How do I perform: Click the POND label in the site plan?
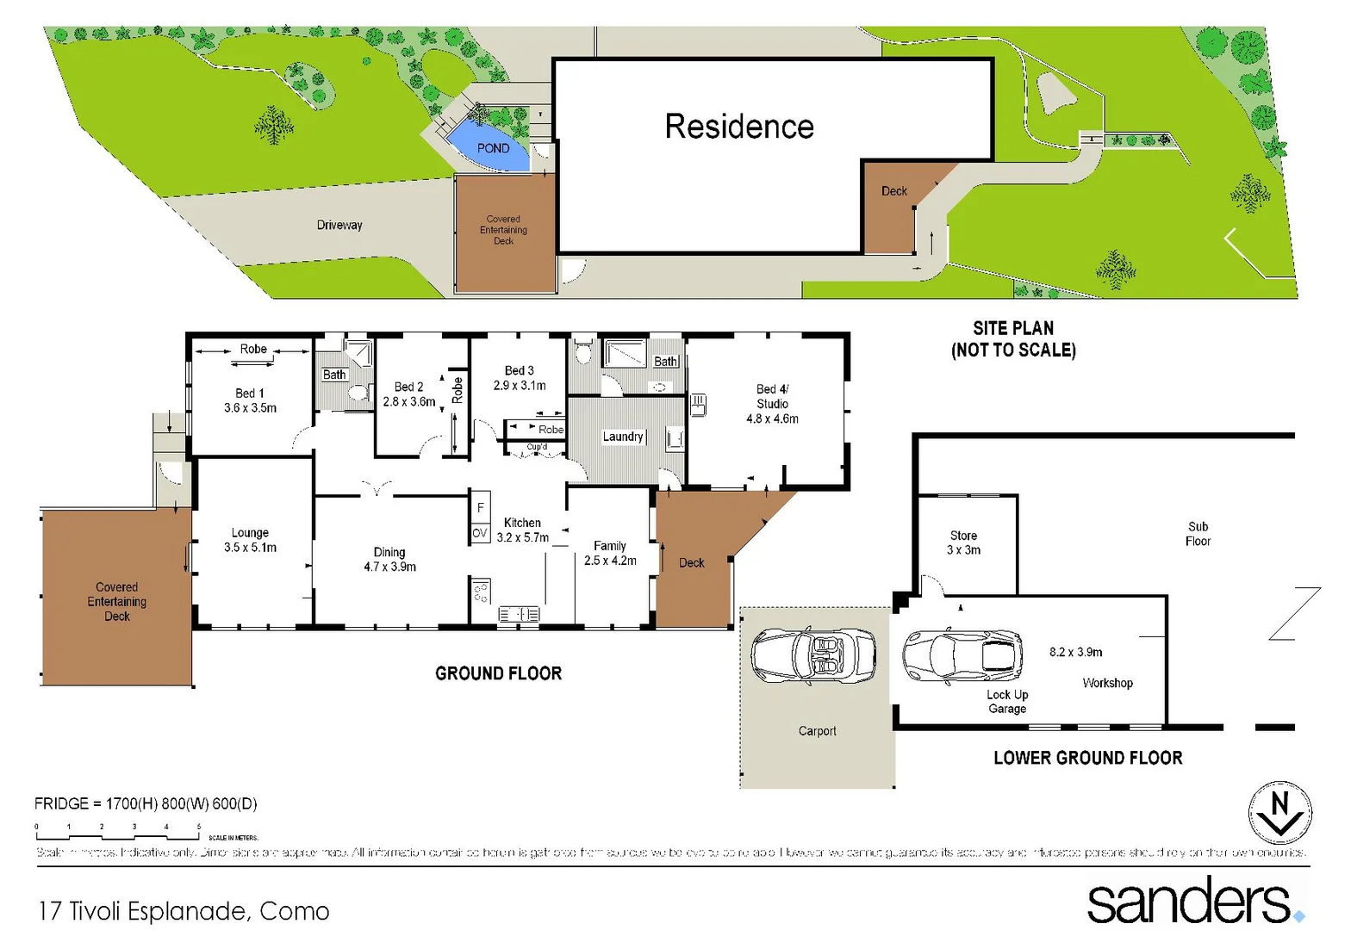[x=493, y=148]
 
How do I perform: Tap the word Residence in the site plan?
[x=738, y=127]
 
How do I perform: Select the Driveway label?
[x=339, y=225]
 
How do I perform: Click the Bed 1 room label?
[x=250, y=400]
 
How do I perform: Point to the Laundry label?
[x=623, y=437]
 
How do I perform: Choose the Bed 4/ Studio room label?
[x=772, y=404]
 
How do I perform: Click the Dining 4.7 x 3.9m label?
[x=389, y=559]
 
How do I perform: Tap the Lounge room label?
[x=250, y=540]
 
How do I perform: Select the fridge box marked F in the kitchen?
[x=480, y=507]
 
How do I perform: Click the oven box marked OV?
[x=480, y=533]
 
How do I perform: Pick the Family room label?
[x=610, y=553]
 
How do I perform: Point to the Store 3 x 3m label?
[x=963, y=542]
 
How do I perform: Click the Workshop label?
[x=1107, y=683]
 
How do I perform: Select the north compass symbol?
[x=1279, y=813]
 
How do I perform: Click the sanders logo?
[x=1194, y=901]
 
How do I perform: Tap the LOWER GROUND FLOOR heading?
[x=1087, y=758]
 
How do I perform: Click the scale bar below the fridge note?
[x=118, y=833]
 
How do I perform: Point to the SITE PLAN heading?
[x=1013, y=338]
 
